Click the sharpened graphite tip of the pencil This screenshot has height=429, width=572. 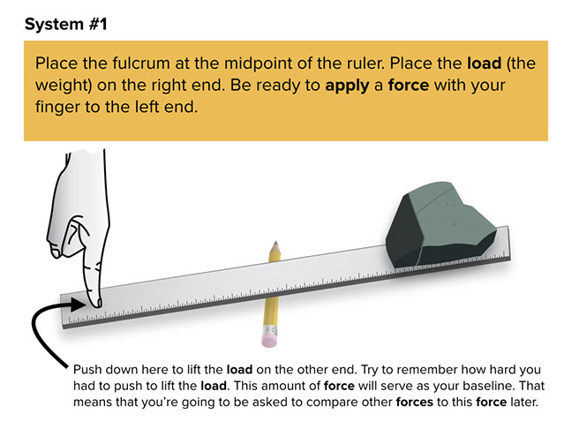click(x=275, y=243)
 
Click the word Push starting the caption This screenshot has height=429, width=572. click(x=87, y=369)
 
